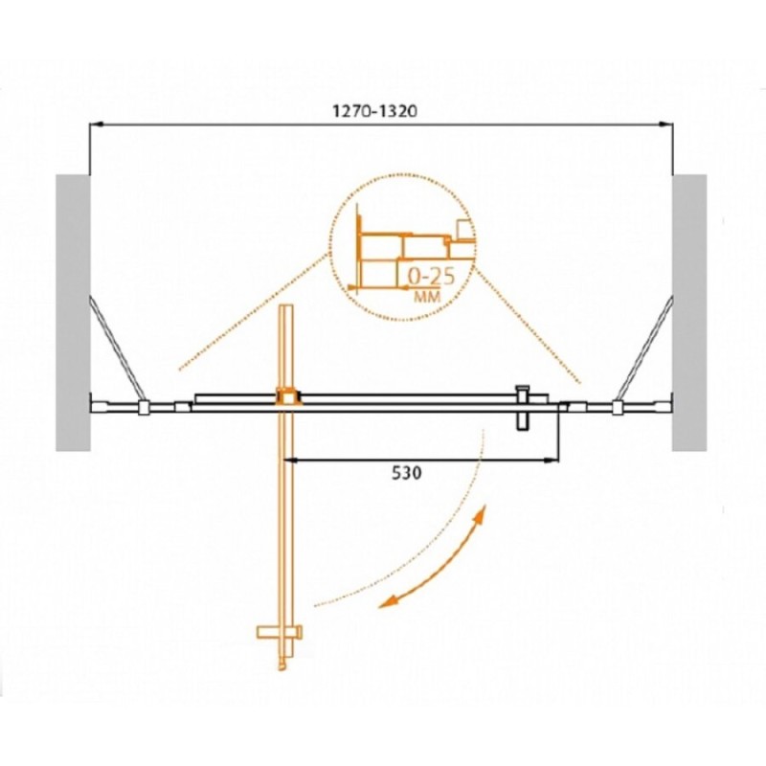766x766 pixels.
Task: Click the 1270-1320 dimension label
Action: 374,111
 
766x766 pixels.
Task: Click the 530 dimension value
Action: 406,473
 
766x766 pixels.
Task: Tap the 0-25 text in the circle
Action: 431,277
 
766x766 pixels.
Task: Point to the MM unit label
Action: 427,296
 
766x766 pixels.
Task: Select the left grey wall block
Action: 74,313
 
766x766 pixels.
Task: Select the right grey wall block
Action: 689,313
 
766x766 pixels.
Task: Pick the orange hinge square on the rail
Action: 289,396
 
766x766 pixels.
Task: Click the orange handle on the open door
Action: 280,632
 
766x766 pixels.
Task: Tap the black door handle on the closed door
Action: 523,408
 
